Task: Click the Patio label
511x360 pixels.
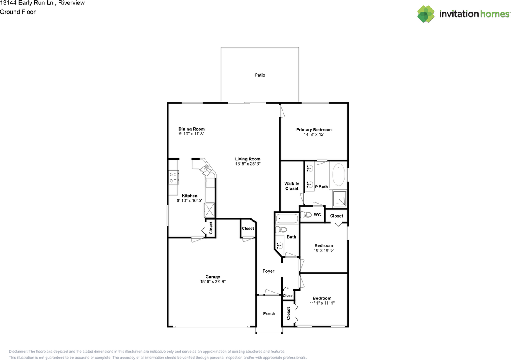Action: pos(260,75)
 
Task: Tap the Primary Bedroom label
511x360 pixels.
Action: pos(314,130)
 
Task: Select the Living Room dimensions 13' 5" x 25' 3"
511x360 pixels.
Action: pos(248,164)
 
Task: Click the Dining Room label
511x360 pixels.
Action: pos(192,129)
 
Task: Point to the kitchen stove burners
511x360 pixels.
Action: pos(173,178)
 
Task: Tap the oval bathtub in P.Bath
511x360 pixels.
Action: pos(339,174)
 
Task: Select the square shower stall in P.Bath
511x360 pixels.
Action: pos(339,198)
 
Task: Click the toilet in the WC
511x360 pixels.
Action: pos(306,215)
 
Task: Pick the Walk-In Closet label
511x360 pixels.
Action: pos(292,186)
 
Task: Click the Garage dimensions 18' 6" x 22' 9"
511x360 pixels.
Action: pos(213,281)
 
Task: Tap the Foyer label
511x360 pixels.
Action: pos(269,271)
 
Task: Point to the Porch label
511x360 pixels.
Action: pos(269,313)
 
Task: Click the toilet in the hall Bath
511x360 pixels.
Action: pos(281,229)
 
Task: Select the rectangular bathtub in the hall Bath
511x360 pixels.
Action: pos(287,219)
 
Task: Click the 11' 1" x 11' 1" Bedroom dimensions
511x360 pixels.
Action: pos(322,303)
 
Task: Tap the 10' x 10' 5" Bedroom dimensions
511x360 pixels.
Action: pos(324,250)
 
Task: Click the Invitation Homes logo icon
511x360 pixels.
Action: pos(426,14)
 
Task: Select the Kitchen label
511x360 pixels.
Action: pos(190,196)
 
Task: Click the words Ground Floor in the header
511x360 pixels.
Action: pos(18,12)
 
